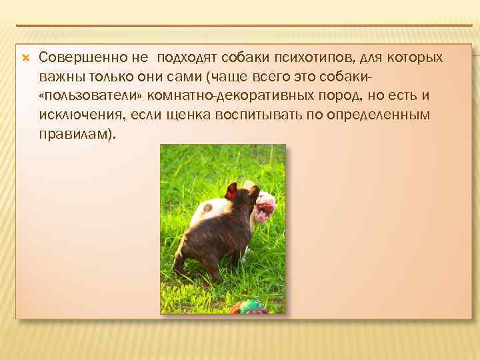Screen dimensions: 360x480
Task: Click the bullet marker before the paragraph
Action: pyautogui.click(x=25, y=57)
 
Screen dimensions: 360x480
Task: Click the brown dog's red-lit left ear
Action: pyautogui.click(x=231, y=191)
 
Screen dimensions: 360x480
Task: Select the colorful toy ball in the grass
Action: pyautogui.click(x=251, y=307)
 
